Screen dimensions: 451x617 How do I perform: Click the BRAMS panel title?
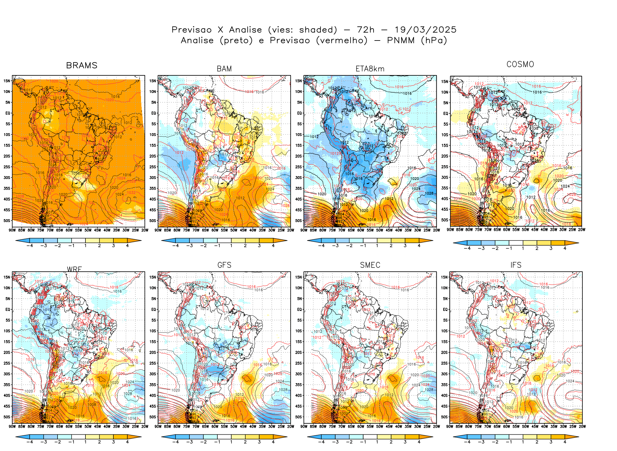[x=82, y=65]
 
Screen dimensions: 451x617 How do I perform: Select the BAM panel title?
[x=224, y=69]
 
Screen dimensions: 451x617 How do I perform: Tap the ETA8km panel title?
[x=370, y=69]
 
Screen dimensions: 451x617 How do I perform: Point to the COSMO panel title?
[x=520, y=64]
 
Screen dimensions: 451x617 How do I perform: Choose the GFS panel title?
[x=224, y=265]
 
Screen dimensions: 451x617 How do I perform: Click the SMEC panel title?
[x=370, y=265]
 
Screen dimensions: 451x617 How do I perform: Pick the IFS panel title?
[x=516, y=265]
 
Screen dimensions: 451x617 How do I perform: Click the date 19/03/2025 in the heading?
[x=425, y=30]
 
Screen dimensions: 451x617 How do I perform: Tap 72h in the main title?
[x=366, y=30]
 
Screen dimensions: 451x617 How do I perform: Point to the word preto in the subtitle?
[x=236, y=41]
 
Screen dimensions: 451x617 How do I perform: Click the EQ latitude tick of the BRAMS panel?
[x=8, y=113]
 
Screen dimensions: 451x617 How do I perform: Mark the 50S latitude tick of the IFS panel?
[x=445, y=417]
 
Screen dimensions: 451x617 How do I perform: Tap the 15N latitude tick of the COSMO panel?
[x=445, y=82]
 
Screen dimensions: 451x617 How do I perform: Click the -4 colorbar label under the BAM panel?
[x=175, y=246]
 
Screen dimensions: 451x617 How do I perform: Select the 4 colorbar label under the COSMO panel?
[x=565, y=248]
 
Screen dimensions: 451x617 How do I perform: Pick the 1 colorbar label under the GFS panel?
[x=231, y=442]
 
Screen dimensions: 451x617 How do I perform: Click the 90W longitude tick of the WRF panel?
[x=12, y=427]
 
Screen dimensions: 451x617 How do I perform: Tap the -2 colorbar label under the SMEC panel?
[x=349, y=442]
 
